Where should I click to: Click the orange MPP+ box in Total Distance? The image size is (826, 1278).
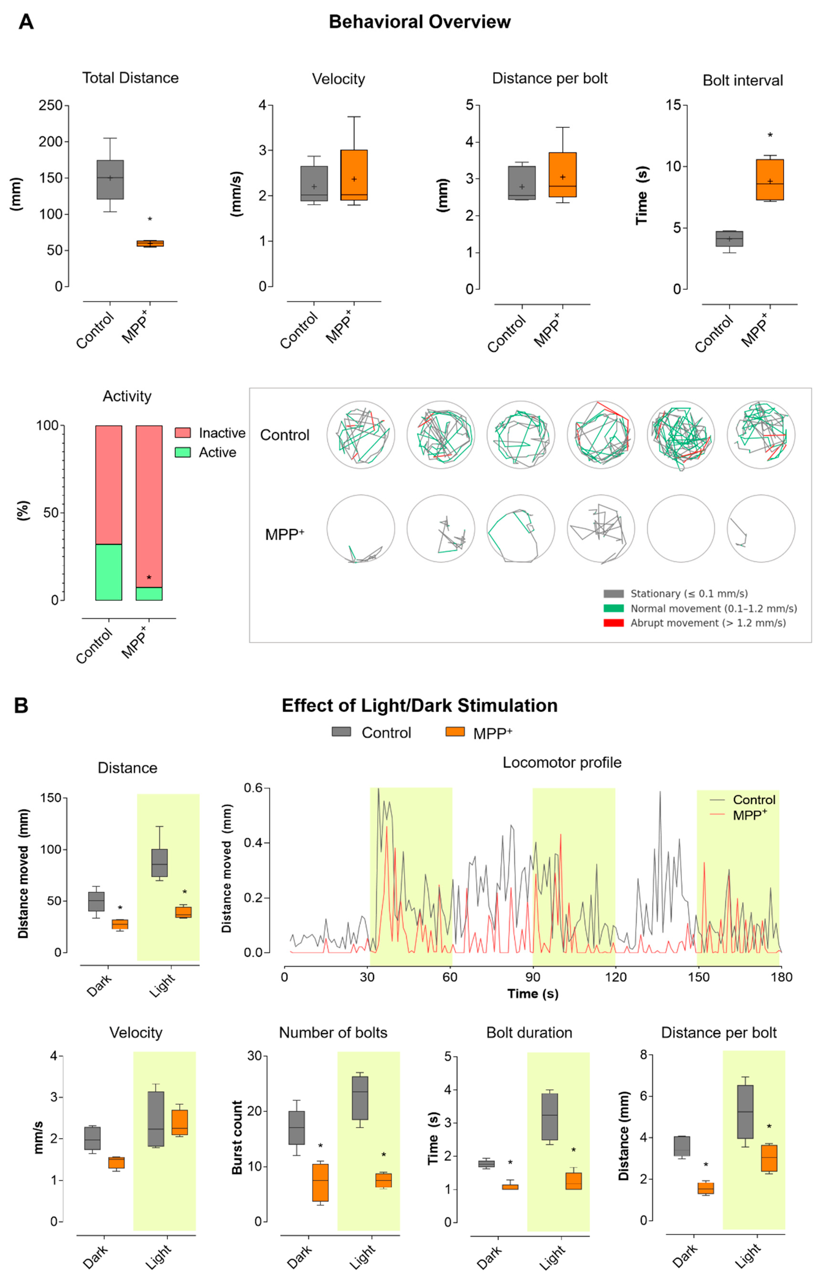pyautogui.click(x=150, y=243)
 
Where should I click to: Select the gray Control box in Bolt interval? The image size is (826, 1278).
pyautogui.click(x=729, y=239)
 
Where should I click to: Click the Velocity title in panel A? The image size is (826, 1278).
pyautogui.click(x=338, y=79)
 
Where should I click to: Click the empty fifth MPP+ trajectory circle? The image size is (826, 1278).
pyautogui.click(x=681, y=528)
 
